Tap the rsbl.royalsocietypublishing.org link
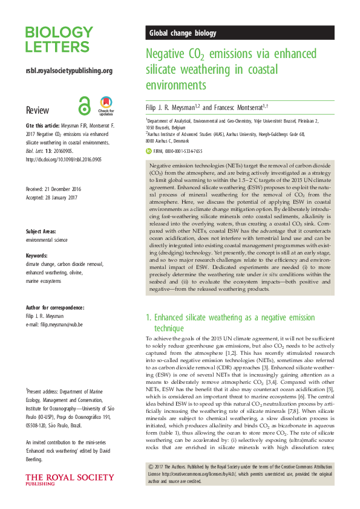(x=69, y=71)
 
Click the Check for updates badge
(x=106, y=106)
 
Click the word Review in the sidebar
(x=38, y=111)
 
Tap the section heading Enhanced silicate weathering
(x=230, y=321)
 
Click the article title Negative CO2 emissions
(x=231, y=69)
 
